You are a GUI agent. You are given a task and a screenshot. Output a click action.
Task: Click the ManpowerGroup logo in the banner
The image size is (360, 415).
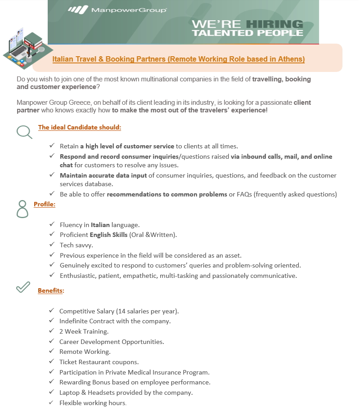(x=117, y=9)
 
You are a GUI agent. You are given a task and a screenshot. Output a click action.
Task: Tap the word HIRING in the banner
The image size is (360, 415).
(x=278, y=24)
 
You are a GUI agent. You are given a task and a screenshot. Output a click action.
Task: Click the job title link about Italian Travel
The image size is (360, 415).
(x=179, y=59)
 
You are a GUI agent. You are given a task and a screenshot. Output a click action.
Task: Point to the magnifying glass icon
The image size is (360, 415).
(x=24, y=132)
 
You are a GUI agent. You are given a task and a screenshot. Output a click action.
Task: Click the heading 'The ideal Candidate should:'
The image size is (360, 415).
(x=80, y=127)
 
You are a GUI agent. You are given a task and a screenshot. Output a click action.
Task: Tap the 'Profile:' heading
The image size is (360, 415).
(x=45, y=204)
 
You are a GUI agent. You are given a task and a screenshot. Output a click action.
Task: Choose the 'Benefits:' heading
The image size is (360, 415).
(x=51, y=290)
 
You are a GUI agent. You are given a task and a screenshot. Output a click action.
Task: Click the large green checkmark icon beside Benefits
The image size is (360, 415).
(x=23, y=287)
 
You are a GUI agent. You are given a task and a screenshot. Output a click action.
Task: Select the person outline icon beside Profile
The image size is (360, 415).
(x=22, y=209)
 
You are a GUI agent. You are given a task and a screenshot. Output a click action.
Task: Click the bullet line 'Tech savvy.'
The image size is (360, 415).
(x=76, y=245)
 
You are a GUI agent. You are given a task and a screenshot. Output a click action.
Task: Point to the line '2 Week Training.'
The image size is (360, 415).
(x=84, y=331)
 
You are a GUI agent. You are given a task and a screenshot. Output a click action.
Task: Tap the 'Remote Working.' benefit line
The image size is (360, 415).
(x=85, y=352)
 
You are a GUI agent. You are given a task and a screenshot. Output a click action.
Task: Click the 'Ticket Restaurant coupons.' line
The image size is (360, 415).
(x=99, y=362)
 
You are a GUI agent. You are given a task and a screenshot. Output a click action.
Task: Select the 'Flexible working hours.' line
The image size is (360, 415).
(x=93, y=403)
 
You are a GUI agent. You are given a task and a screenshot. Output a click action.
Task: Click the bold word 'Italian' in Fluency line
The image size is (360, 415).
(x=100, y=224)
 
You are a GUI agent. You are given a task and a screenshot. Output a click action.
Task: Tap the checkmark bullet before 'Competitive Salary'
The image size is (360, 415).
(x=51, y=311)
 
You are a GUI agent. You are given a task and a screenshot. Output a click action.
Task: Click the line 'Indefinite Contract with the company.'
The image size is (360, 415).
(x=115, y=321)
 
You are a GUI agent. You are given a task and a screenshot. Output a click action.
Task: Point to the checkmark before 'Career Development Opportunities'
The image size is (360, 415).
(x=51, y=341)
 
